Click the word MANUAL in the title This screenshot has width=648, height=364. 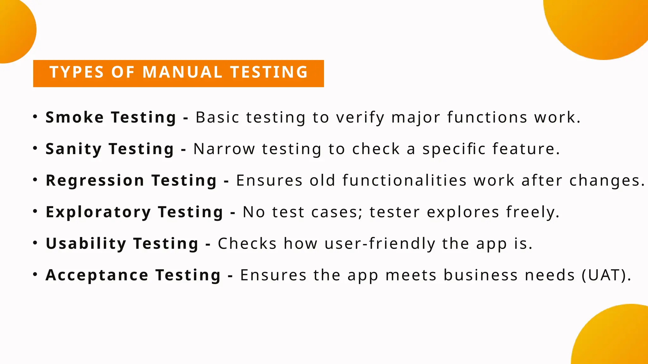[183, 72]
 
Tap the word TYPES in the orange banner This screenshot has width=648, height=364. [77, 72]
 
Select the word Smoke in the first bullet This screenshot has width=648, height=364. [75, 117]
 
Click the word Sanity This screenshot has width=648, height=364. [73, 149]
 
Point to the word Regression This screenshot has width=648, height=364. [95, 180]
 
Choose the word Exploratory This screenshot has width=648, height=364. [98, 212]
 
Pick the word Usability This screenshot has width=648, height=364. [86, 244]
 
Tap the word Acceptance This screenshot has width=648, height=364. [97, 275]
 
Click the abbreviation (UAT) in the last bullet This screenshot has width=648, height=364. [606, 275]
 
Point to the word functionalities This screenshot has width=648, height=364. [404, 180]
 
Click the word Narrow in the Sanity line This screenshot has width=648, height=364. [224, 149]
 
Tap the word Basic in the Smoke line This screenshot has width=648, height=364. [217, 117]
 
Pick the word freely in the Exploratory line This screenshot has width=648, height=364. [533, 212]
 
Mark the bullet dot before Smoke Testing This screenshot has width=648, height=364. [35, 117]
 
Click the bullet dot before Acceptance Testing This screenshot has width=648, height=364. [35, 274]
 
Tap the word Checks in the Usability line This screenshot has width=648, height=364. [247, 244]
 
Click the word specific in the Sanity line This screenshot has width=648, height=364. [454, 149]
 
